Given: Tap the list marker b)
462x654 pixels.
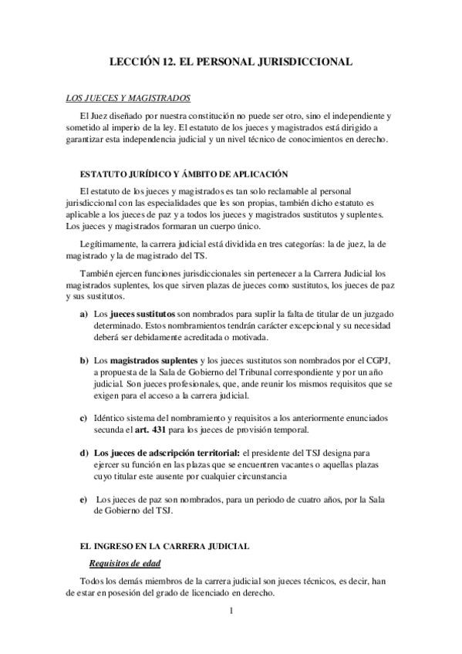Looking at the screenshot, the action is pos(82,361).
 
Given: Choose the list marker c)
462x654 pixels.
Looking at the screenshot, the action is pos(82,417).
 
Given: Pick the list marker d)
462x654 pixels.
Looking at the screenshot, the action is pos(82,451).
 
